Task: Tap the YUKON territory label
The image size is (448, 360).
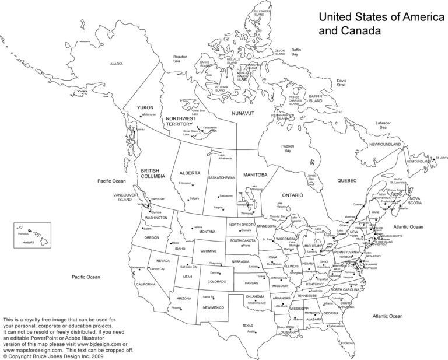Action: coord(145,107)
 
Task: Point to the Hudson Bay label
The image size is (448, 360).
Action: coord(288,148)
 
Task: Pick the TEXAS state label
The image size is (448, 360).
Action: coord(248,326)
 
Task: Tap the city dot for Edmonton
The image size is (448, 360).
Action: coord(192,184)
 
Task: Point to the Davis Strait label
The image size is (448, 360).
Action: coord(341,83)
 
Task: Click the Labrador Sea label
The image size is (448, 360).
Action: coord(383,125)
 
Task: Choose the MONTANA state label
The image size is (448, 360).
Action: coord(207,232)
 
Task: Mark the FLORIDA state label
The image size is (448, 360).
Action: coord(347,343)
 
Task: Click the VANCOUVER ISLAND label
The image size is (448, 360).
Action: coord(125,197)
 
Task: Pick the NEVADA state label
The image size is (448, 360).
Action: coord(163,260)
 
